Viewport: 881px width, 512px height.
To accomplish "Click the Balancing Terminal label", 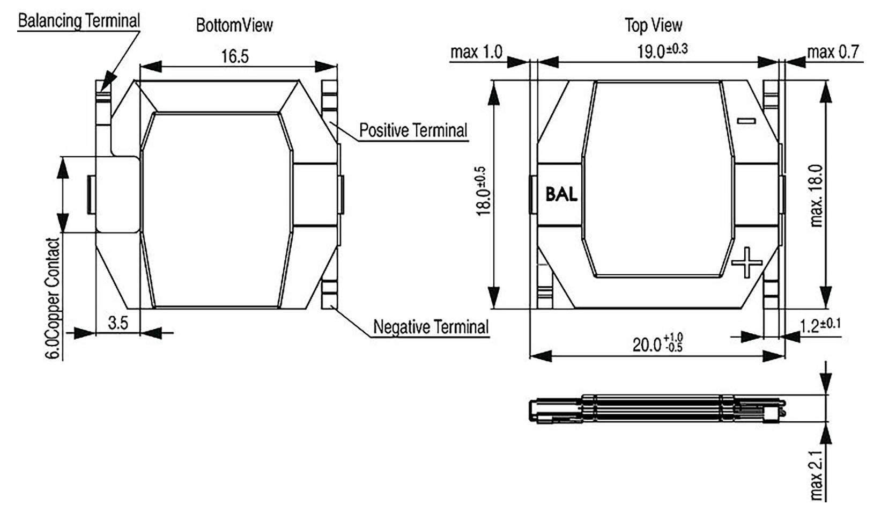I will coord(79,21).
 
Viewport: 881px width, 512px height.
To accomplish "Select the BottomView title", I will coord(234,25).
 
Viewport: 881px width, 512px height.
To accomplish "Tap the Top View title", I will coord(653,25).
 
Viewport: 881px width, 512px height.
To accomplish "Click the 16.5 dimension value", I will coord(235,56).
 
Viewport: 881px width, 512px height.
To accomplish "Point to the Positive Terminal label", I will coord(413,130).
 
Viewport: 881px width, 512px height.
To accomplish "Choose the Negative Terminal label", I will coord(431,327).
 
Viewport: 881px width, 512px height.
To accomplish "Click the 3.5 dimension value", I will coord(118,323).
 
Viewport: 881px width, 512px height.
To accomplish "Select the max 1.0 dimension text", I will coord(476,52).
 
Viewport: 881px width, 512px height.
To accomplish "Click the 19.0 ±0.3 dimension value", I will coord(662,51).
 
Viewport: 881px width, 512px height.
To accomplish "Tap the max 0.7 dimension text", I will coord(833,52).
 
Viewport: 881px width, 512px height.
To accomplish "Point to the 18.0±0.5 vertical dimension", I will coord(483,191).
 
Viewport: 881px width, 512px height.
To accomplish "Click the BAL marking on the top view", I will coord(561,194).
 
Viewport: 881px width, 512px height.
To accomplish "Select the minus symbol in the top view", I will coord(746,121).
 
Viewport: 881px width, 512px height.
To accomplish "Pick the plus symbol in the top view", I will coord(747,262).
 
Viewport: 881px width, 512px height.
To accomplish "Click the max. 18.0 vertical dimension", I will coord(816,195).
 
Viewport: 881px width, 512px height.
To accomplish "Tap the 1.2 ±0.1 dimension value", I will coord(820,325).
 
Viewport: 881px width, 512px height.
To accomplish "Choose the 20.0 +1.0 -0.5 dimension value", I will coord(657,343).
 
